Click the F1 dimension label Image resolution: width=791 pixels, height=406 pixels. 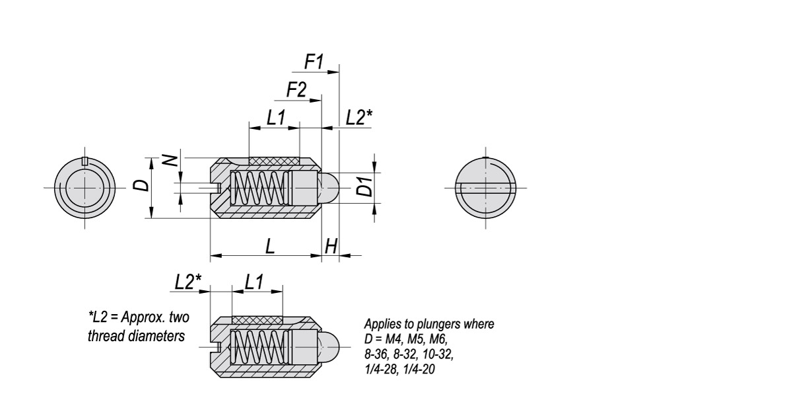click(x=314, y=62)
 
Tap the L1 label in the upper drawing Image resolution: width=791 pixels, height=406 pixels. click(x=275, y=118)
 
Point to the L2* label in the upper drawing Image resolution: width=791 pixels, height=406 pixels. click(x=359, y=118)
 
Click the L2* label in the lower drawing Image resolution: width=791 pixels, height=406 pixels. click(x=188, y=281)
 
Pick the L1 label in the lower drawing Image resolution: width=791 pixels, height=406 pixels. click(x=254, y=281)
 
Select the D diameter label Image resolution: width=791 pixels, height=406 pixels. click(x=140, y=184)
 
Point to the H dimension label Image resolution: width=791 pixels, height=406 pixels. click(x=331, y=246)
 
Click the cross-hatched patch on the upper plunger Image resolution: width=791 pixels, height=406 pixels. click(x=274, y=161)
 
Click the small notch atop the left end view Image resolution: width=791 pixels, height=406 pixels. click(x=84, y=160)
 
